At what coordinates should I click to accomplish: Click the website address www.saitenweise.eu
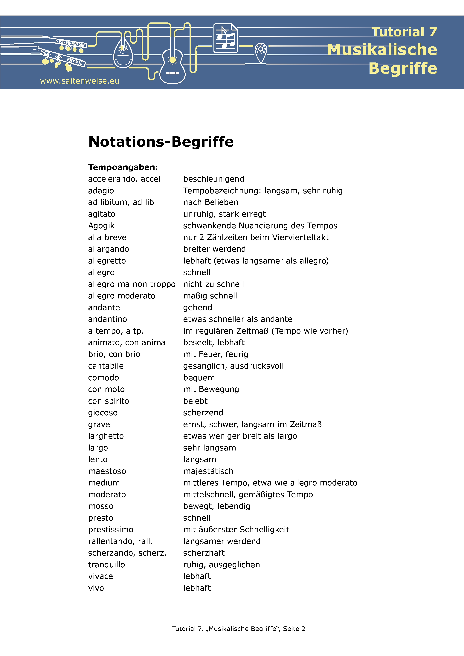point(80,81)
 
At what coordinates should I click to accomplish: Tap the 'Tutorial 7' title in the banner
point(404,32)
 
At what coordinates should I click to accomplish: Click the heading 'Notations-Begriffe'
point(161,142)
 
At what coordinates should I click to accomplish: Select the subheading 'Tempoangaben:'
point(123,167)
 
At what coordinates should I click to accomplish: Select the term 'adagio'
point(101,191)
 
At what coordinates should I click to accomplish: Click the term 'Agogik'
point(101,226)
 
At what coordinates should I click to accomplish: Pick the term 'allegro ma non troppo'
point(132,284)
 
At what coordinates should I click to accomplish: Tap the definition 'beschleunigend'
point(213,179)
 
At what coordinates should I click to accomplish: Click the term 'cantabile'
point(106,366)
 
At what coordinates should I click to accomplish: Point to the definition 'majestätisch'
point(208,471)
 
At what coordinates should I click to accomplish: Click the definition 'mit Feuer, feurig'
point(216,354)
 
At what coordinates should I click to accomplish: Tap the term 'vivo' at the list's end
point(96,588)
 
